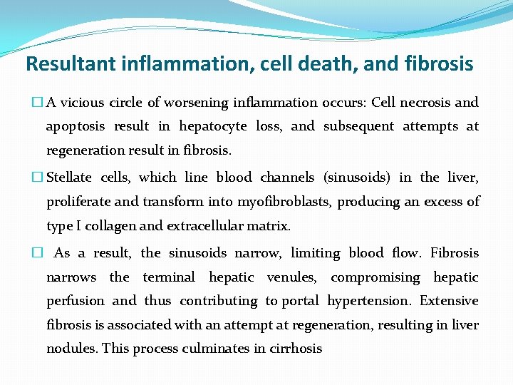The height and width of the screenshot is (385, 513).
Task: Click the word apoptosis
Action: [76, 127]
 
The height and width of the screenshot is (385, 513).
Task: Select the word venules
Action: [290, 277]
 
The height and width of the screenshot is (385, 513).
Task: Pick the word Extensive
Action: [449, 301]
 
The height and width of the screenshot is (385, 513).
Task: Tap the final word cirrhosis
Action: [294, 349]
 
